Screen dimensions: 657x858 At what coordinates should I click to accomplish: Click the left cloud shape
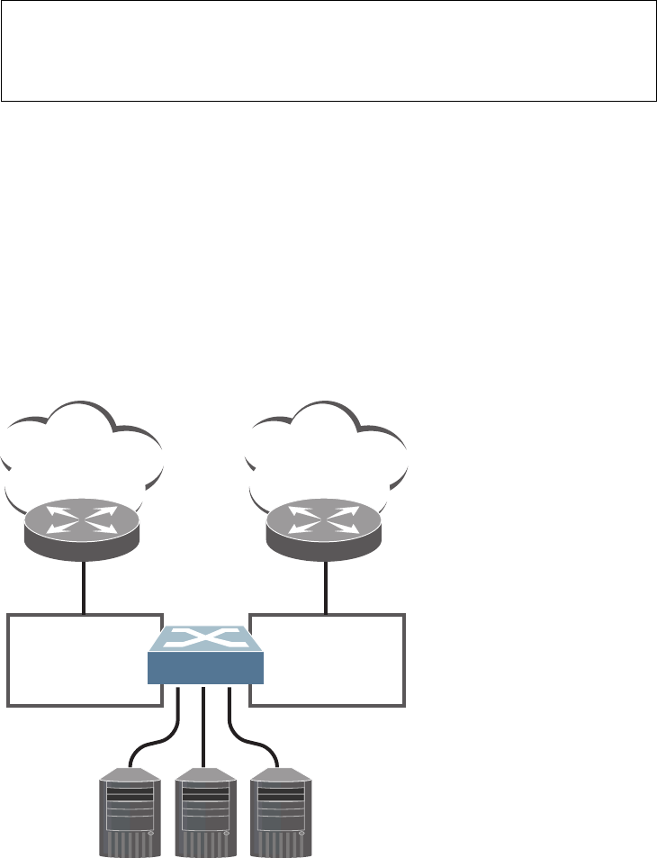tap(83, 450)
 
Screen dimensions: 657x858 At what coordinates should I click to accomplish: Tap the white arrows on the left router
tap(83, 520)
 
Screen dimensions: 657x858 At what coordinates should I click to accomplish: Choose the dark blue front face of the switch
tap(206, 669)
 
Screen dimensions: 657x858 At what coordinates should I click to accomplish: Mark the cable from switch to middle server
tap(206, 729)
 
